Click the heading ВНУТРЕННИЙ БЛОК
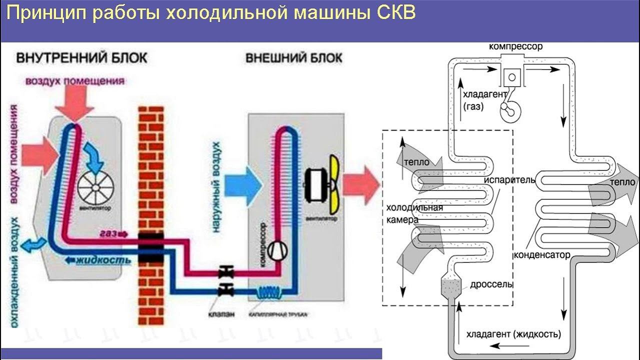coord(82,57)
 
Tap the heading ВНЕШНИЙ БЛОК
coord(293,57)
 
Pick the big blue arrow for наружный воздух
coord(243,184)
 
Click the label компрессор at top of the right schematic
coord(515,46)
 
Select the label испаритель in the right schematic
coord(509,179)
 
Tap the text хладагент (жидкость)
coord(513,333)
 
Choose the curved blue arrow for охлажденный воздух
coord(34,244)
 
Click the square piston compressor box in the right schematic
coord(511,76)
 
